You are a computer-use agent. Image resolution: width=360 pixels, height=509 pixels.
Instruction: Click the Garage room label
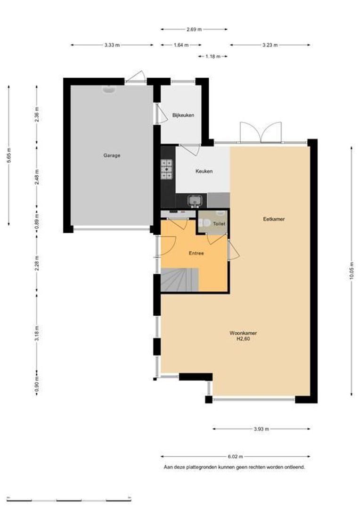pos(112,156)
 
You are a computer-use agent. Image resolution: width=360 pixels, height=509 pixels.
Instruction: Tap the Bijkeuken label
pos(183,115)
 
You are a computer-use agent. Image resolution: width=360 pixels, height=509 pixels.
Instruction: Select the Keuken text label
pos(204,171)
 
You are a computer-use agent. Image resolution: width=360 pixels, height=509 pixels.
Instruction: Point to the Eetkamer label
pos(274,219)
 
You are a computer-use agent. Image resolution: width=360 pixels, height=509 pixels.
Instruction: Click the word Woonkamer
pos(243,333)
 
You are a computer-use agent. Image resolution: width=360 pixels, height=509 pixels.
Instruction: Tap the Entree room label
pos(196,253)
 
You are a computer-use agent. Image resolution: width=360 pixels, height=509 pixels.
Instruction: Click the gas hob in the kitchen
pos(167,170)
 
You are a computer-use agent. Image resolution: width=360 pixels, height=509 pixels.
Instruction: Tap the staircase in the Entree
pos(180,279)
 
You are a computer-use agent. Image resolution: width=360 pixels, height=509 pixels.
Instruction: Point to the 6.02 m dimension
pos(235,456)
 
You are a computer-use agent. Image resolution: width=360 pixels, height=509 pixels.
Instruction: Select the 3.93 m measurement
pos(262,429)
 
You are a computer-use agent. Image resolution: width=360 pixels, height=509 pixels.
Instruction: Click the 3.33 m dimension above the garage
pos(112,45)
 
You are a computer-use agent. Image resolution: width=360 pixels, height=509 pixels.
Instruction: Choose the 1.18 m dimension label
pos(213,57)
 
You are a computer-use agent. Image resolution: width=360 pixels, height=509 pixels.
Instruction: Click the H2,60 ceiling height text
pos(243,339)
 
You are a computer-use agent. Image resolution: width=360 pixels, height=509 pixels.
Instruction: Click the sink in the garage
pos(109,89)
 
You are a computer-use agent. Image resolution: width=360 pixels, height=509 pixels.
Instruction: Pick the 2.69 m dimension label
pos(194,29)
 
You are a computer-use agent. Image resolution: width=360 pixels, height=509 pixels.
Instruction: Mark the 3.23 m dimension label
pos(270,45)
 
